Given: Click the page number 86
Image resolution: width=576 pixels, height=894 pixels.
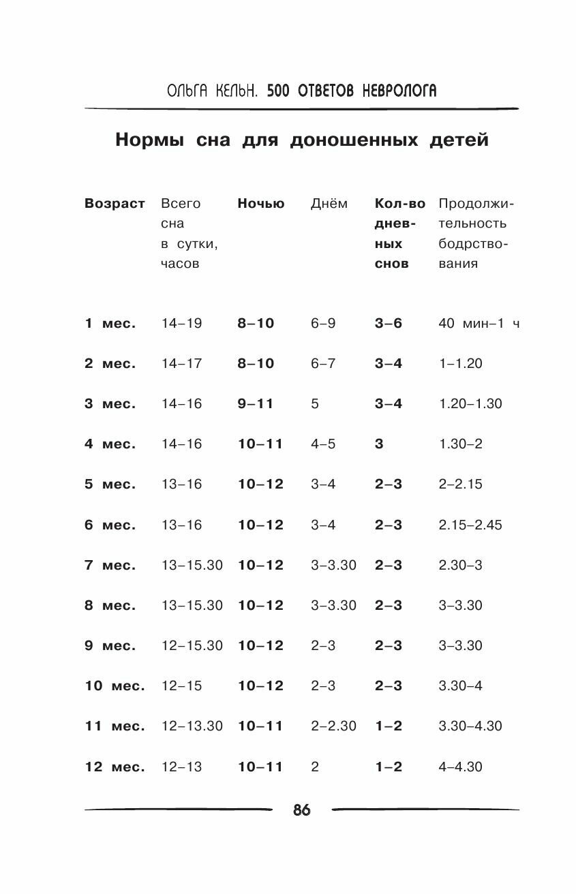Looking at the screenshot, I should [x=301, y=810].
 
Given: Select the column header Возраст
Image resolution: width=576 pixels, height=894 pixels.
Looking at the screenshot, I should [x=115, y=203].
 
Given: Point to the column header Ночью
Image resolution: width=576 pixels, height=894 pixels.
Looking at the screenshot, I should [x=261, y=203].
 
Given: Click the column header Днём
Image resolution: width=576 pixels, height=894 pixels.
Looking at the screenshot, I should [x=329, y=203].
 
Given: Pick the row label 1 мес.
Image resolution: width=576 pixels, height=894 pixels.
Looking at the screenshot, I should [x=110, y=323].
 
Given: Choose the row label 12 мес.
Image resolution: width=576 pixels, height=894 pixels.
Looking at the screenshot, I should [x=115, y=767].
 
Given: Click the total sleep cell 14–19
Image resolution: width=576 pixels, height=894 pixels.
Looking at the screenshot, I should [x=181, y=323].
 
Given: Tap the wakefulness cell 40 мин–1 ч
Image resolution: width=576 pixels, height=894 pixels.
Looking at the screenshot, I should [x=479, y=323].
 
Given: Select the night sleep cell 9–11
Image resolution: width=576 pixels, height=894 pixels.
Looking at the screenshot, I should [x=256, y=403].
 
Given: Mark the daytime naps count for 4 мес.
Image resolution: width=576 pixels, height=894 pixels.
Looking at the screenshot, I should [x=379, y=444].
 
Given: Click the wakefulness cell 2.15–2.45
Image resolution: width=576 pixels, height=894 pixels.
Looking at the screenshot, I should [x=470, y=525].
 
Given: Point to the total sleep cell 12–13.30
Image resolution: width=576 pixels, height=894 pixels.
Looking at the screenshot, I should [x=192, y=726].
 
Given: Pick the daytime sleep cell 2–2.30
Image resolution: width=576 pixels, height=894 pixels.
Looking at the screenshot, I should [x=333, y=726].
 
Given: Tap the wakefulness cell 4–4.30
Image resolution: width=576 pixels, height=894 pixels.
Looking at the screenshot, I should [x=460, y=767].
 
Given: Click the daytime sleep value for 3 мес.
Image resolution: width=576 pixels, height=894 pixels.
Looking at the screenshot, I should [x=315, y=403].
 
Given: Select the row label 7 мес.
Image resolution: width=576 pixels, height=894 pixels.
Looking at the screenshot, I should [x=110, y=565].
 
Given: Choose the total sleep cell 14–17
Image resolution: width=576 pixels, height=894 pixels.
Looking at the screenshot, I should [x=181, y=363].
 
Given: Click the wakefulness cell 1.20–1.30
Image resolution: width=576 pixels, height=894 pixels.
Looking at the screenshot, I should [x=470, y=403].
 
